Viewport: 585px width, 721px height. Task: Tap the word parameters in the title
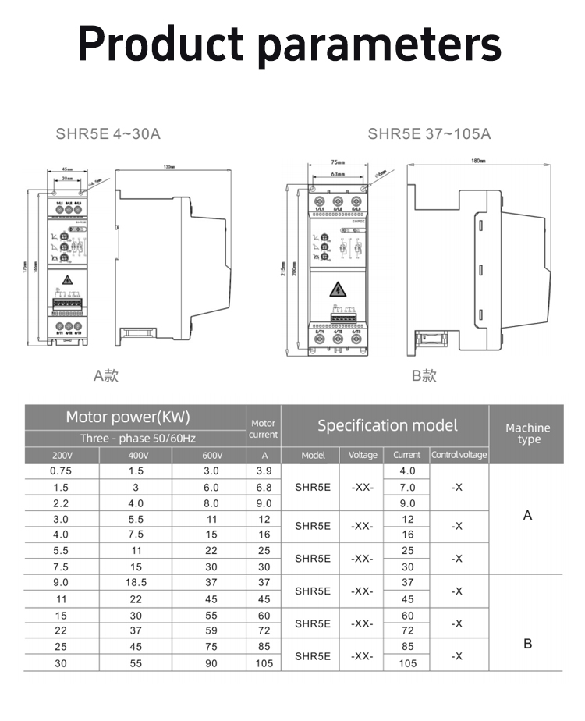(x=379, y=45)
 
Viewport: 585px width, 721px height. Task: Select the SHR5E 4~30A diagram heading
(x=108, y=133)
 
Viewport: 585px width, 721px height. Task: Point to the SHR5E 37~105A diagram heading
(x=429, y=133)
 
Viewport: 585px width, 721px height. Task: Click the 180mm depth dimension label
(x=478, y=162)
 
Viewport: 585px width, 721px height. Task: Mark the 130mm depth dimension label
(x=168, y=166)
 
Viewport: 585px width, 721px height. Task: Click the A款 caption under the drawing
(x=106, y=375)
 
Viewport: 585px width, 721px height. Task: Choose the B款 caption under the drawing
(x=424, y=375)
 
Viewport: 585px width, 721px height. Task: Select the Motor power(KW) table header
(x=128, y=417)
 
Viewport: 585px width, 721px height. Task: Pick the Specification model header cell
(x=387, y=425)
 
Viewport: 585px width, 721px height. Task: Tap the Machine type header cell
(x=528, y=433)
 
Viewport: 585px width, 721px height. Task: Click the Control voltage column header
(x=459, y=455)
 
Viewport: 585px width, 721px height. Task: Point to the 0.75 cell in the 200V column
(x=61, y=471)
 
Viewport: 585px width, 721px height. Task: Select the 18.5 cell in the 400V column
(x=136, y=582)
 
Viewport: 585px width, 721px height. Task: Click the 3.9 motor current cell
(x=264, y=471)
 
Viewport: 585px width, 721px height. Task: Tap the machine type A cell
(x=528, y=515)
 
